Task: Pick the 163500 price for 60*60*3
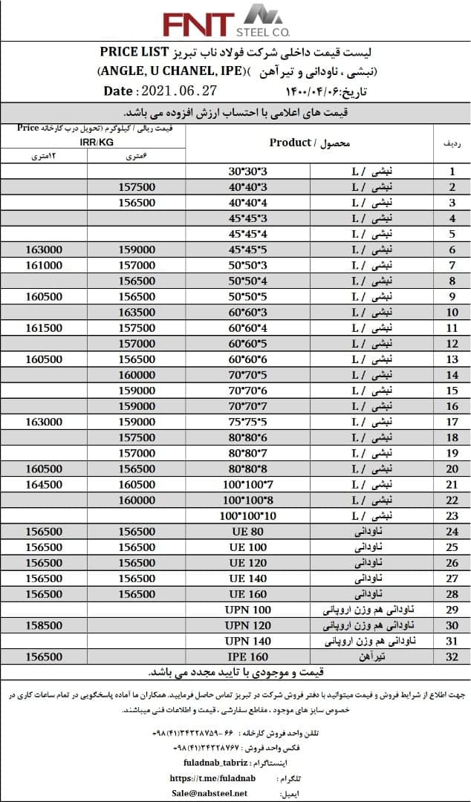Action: coord(137,312)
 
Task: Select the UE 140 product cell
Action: coord(247,578)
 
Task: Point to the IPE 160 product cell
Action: coord(247,656)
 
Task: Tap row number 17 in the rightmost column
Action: coord(452,422)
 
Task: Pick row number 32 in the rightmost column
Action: coord(452,656)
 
